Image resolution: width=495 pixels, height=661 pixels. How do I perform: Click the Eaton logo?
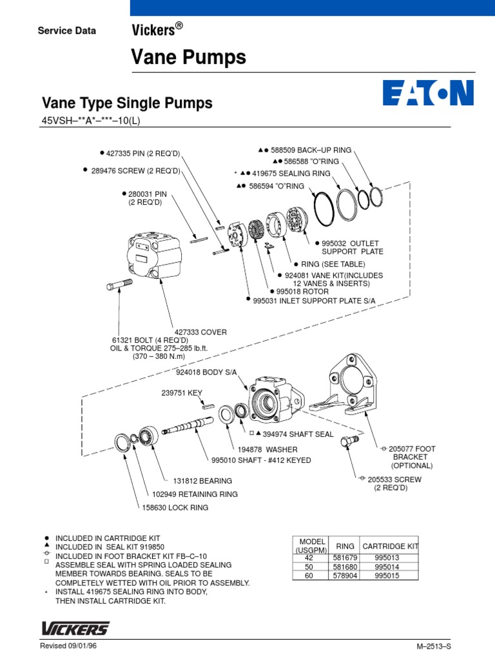pos(428,93)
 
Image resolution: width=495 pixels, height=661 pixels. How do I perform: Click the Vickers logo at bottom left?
pos(75,628)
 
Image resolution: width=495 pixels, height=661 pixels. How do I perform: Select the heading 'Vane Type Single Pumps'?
pos(127,103)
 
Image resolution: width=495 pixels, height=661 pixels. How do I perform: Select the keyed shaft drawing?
pos(189,427)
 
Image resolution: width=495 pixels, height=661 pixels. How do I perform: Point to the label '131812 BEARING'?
pos(202,481)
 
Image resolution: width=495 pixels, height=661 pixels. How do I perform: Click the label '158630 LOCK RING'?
pos(176,507)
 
